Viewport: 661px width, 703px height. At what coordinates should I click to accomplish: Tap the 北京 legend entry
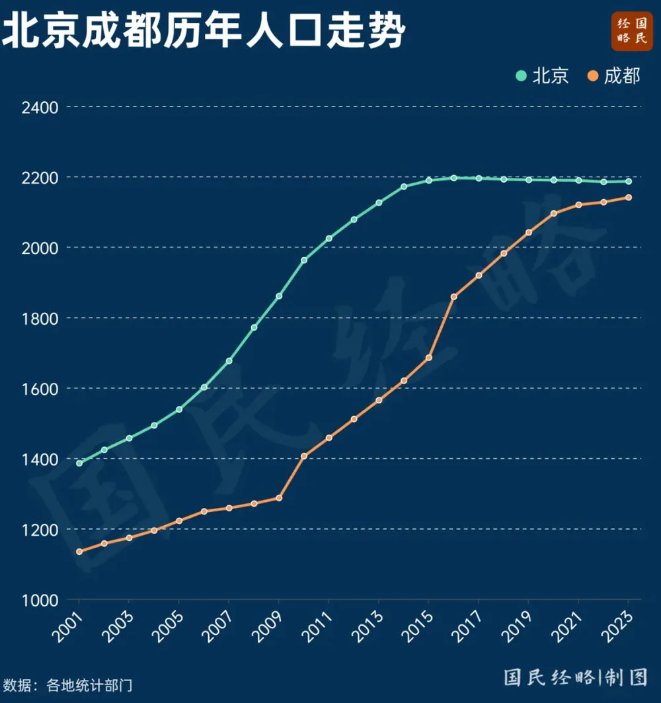[x=542, y=76]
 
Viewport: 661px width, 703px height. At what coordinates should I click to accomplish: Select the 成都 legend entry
[x=613, y=76]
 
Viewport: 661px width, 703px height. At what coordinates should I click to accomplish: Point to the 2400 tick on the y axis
[x=40, y=108]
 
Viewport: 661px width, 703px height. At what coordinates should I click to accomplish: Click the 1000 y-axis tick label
[x=40, y=600]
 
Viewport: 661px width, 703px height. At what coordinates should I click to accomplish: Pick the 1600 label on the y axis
[x=40, y=389]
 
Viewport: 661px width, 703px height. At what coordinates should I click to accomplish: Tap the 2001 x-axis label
[x=68, y=626]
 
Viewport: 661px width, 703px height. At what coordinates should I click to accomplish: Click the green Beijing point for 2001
[x=79, y=463]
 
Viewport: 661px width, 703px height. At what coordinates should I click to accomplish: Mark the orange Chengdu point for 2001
[x=79, y=552]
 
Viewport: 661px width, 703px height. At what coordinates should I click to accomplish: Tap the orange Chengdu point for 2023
[x=629, y=197]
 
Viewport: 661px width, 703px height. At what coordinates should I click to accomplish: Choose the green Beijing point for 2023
[x=629, y=182]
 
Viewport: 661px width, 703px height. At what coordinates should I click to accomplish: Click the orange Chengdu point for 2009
[x=279, y=498]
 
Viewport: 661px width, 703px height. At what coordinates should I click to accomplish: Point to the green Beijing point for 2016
[x=453, y=178]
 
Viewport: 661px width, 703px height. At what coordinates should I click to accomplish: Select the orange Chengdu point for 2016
[x=453, y=297]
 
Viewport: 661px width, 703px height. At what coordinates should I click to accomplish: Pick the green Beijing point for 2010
[x=304, y=260]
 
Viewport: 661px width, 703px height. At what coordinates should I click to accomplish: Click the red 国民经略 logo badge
[x=632, y=31]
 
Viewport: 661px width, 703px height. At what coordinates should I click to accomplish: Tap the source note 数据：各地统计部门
[x=67, y=685]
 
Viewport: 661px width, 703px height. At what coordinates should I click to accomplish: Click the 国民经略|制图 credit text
[x=576, y=677]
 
